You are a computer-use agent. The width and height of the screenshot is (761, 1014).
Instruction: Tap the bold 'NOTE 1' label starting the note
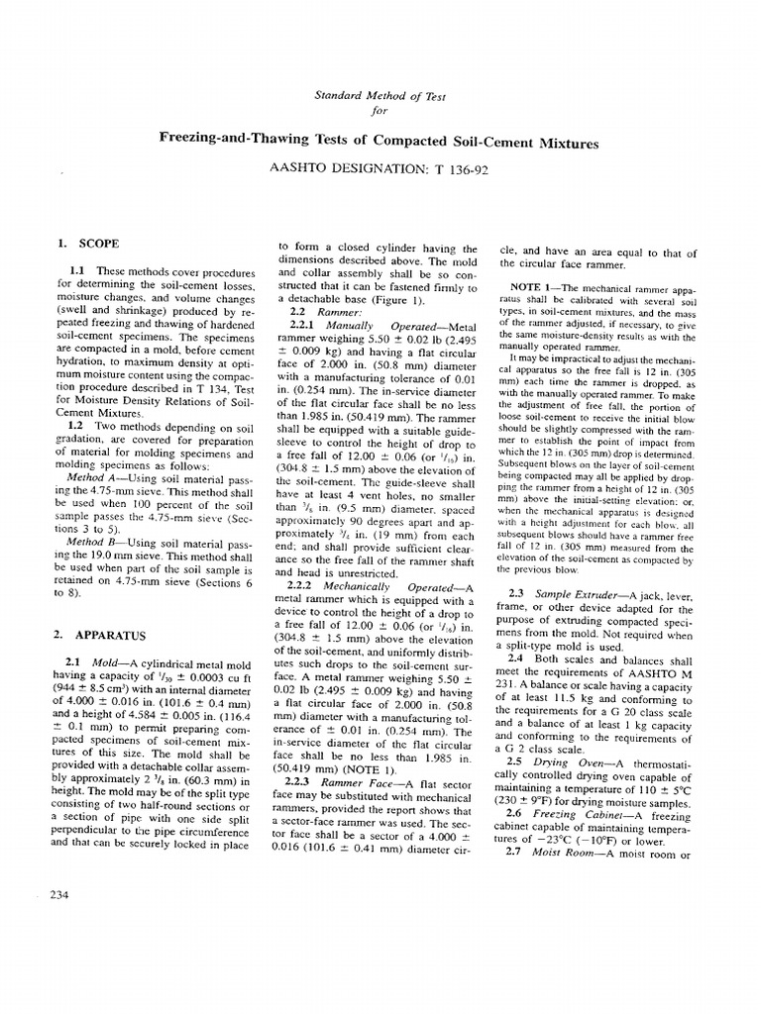point(534,286)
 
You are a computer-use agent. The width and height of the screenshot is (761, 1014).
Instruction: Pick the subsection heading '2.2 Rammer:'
point(314,312)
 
